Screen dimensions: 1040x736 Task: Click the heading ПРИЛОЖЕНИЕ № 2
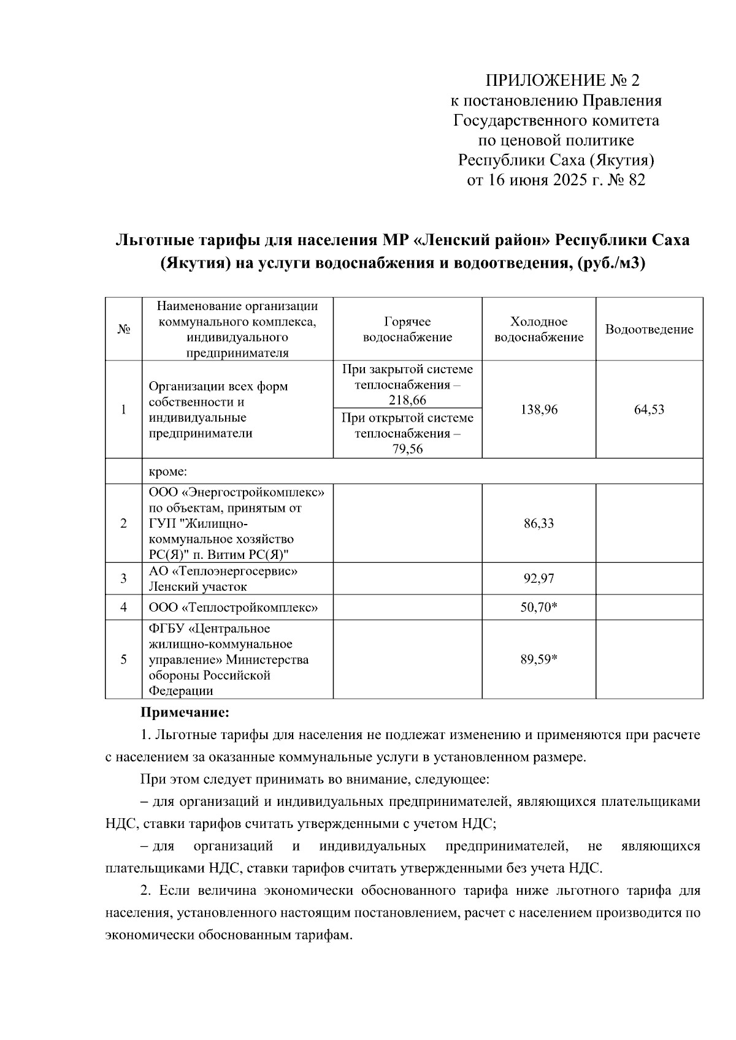pyautogui.click(x=562, y=80)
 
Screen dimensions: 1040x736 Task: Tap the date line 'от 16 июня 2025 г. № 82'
pyautogui.click(x=556, y=180)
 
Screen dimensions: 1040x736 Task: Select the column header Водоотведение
pyautogui.click(x=649, y=329)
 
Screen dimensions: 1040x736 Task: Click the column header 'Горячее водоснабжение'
pyautogui.click(x=407, y=329)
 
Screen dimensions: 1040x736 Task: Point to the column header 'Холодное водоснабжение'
pyautogui.click(x=539, y=329)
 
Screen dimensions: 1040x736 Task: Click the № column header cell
pyautogui.click(x=123, y=329)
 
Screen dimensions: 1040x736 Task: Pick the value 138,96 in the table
pyautogui.click(x=539, y=409)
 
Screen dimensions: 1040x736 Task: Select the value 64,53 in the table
pyautogui.click(x=649, y=409)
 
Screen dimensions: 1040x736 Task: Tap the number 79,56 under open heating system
pyautogui.click(x=407, y=449)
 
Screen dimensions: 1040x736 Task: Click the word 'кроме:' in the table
pyautogui.click(x=167, y=471)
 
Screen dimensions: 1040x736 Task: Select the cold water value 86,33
pyautogui.click(x=539, y=523)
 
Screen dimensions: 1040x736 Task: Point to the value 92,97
pyautogui.click(x=539, y=579)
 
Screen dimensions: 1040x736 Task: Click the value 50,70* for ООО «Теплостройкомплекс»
pyautogui.click(x=539, y=607)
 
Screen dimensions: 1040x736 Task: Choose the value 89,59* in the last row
pyautogui.click(x=539, y=659)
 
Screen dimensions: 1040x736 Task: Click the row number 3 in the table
pyautogui.click(x=123, y=579)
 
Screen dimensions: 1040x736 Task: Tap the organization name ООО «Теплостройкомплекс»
pyautogui.click(x=233, y=607)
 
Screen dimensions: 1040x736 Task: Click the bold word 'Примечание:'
pyautogui.click(x=185, y=713)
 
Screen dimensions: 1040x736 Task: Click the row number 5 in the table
pyautogui.click(x=123, y=659)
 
